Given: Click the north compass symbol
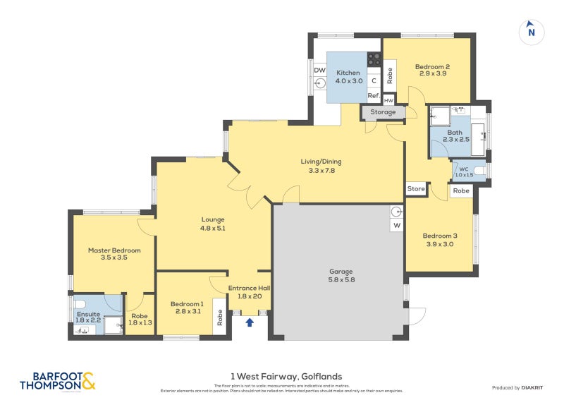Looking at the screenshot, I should pyautogui.click(x=532, y=32).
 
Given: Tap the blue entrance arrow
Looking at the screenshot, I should pyautogui.click(x=249, y=323).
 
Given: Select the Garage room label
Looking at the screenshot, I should pyautogui.click(x=341, y=272).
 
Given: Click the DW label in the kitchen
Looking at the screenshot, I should pyautogui.click(x=319, y=71).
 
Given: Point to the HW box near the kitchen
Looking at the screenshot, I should pyautogui.click(x=388, y=101).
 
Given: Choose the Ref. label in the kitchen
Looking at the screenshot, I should pyautogui.click(x=373, y=96).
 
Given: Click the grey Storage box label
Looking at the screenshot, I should pyautogui.click(x=383, y=112).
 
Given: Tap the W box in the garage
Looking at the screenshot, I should pyautogui.click(x=396, y=226).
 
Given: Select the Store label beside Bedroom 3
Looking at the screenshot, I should pyautogui.click(x=416, y=189).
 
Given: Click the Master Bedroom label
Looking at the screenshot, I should pyautogui.click(x=114, y=250).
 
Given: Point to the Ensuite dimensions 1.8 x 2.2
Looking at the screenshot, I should pyautogui.click(x=89, y=321).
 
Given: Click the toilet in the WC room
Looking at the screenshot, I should pyautogui.click(x=479, y=170).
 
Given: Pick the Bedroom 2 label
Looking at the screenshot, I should pyautogui.click(x=433, y=67).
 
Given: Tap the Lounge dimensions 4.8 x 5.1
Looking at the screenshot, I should pyautogui.click(x=213, y=228).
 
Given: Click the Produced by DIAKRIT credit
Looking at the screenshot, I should pyautogui.click(x=520, y=387).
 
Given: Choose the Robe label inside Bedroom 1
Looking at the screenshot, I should pyautogui.click(x=220, y=317).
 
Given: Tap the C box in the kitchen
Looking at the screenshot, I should pyautogui.click(x=374, y=80).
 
